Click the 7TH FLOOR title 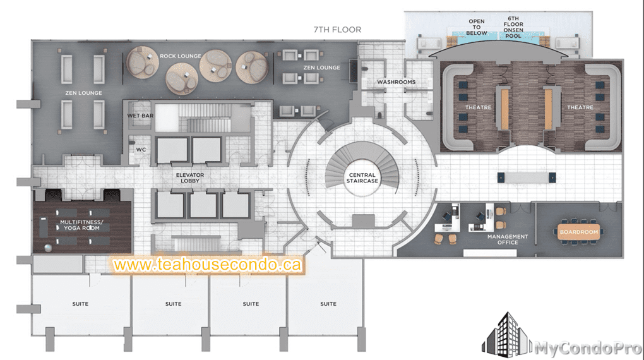tap(337, 30)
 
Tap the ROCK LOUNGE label tap(181, 56)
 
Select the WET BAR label tap(140, 116)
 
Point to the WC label tap(141, 150)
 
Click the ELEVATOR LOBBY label tap(190, 178)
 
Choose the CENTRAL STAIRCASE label tap(362, 178)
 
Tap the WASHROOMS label tap(397, 81)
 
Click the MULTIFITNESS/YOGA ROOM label tap(81, 225)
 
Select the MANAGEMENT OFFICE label tap(508, 239)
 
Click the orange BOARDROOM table tap(579, 232)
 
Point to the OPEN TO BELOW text tap(477, 27)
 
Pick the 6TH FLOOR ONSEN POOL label tap(513, 27)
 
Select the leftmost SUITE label tap(80, 304)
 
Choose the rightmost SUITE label tap(328, 304)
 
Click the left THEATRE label tap(478, 107)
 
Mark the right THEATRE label tap(580, 107)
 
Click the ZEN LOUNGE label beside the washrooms tap(321, 68)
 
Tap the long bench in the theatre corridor tap(527, 177)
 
